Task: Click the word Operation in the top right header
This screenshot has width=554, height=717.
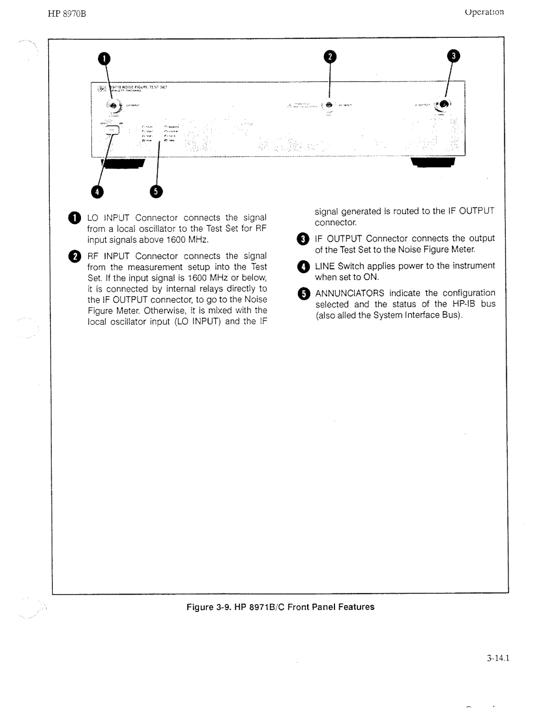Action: [x=484, y=12]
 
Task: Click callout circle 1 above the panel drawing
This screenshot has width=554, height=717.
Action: [x=105, y=59]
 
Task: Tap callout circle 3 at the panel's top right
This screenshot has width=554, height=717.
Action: [x=453, y=56]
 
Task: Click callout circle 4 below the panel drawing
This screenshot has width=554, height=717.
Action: [x=97, y=192]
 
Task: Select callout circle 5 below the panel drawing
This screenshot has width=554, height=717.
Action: [x=156, y=192]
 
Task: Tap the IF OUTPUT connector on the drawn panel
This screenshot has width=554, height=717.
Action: [x=443, y=104]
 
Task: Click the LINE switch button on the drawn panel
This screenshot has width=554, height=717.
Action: [x=112, y=131]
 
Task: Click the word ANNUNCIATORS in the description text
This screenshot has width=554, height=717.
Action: [x=349, y=293]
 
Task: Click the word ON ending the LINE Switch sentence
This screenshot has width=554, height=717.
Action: [x=371, y=277]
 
